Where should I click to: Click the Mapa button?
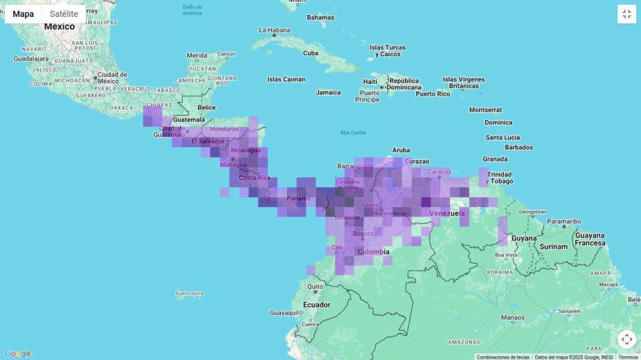click(23, 14)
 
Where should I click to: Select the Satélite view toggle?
click(64, 14)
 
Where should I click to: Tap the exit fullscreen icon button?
click(627, 14)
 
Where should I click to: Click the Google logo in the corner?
click(18, 354)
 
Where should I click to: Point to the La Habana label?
click(275, 30)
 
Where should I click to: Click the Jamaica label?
click(328, 93)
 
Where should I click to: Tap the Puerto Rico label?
click(433, 94)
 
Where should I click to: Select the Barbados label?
click(519, 148)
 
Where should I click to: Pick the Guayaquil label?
click(285, 312)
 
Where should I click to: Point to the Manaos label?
click(512, 318)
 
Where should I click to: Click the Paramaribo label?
click(564, 221)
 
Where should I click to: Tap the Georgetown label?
click(532, 212)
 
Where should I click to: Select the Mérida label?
click(197, 55)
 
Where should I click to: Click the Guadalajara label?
click(31, 59)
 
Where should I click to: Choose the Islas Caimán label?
click(286, 80)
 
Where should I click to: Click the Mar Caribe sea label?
click(353, 133)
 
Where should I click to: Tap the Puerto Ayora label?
click(189, 293)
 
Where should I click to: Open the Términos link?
click(628, 357)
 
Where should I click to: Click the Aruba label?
click(401, 150)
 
